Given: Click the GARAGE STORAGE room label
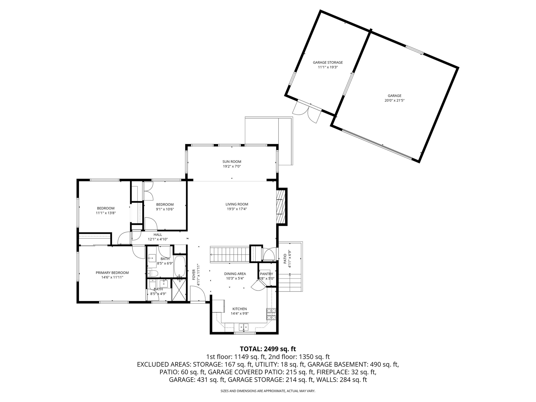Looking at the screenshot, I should (x=328, y=63).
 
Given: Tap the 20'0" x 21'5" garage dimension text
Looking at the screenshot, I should (x=394, y=100).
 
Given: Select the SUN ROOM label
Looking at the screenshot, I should (x=232, y=162).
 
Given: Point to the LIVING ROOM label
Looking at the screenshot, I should (x=237, y=204).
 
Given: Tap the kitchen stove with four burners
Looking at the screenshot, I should (x=271, y=314).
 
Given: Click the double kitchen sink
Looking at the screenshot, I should (x=244, y=327).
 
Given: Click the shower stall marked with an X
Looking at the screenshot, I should (x=179, y=290).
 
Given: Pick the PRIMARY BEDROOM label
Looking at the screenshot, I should (x=112, y=273).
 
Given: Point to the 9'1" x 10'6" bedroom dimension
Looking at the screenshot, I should (x=165, y=209).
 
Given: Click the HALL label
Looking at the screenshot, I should (x=158, y=235).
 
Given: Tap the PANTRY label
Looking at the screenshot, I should (x=266, y=274).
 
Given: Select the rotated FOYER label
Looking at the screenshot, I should (x=194, y=275).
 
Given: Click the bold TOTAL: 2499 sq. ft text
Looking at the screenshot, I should (x=268, y=349).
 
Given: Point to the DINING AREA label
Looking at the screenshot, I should (x=235, y=274).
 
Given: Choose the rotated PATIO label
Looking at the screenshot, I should (x=285, y=259).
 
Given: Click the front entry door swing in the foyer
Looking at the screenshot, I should (x=197, y=294).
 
